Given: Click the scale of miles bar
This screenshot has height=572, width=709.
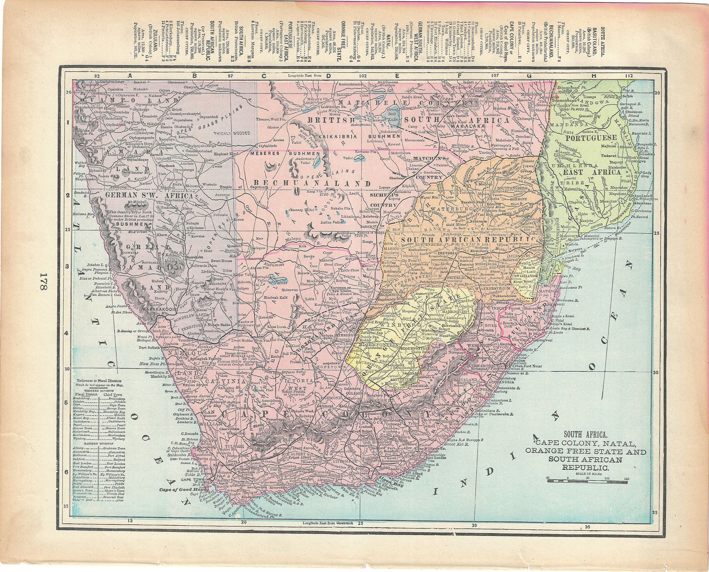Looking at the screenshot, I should (586, 481).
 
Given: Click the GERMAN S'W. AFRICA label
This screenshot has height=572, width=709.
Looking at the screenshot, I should (149, 195).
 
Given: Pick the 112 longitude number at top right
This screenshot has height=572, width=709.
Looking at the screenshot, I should (628, 75).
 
